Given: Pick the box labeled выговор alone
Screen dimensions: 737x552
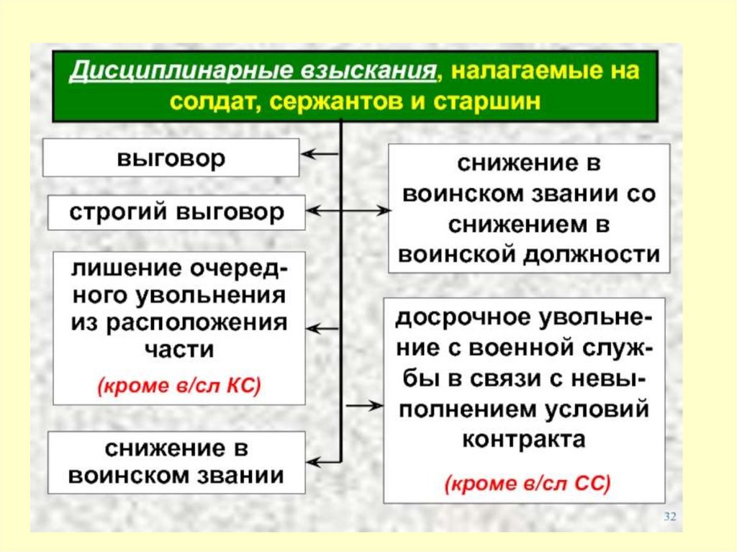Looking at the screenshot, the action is (171, 158).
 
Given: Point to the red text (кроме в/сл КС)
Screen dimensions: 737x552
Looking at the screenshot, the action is (178, 385).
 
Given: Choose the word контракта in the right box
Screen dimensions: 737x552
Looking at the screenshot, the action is (523, 438).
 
